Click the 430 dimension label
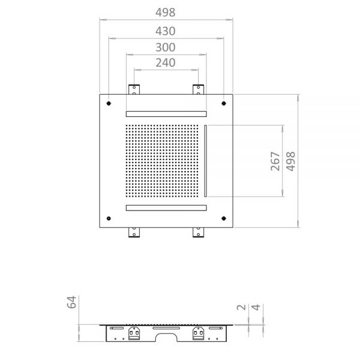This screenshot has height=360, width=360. click(166, 31)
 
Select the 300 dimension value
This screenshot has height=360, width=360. click(166, 47)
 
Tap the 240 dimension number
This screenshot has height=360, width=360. click(166, 62)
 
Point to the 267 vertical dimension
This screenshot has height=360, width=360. click(275, 161)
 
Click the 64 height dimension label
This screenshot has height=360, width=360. click(71, 302)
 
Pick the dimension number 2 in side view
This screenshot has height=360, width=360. click(241, 307)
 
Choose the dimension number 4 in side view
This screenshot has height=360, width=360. click(256, 307)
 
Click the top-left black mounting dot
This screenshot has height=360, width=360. click(109, 103)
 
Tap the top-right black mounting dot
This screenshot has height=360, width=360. click(224, 103)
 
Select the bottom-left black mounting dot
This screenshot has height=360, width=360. click(109, 218)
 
